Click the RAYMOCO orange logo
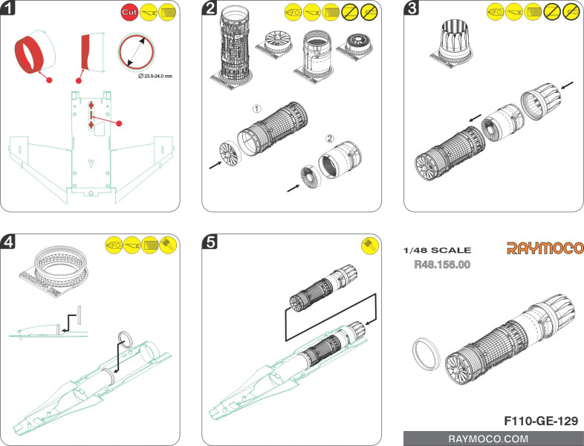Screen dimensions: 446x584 (x=545, y=248)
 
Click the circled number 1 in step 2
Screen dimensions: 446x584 (x=256, y=109)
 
